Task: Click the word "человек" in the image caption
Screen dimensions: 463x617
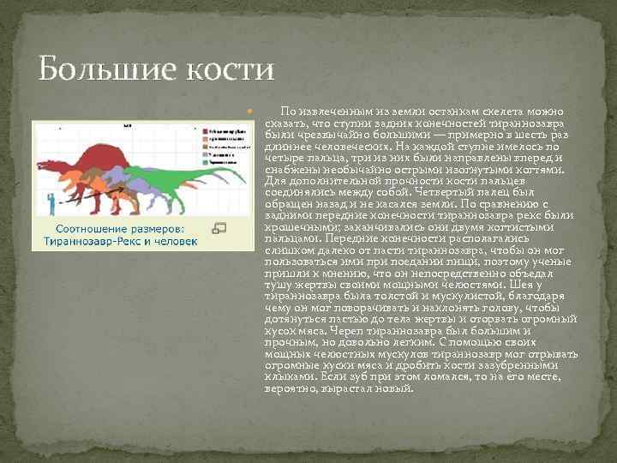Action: pos(174,242)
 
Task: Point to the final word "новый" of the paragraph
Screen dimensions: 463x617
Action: pos(396,388)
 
